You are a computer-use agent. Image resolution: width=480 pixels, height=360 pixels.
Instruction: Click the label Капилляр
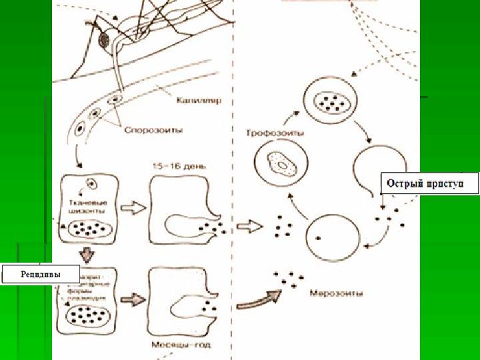199,101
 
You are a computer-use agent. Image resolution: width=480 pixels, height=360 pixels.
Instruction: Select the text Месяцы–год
173,345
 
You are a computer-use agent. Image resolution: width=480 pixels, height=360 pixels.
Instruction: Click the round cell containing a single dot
332,237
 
